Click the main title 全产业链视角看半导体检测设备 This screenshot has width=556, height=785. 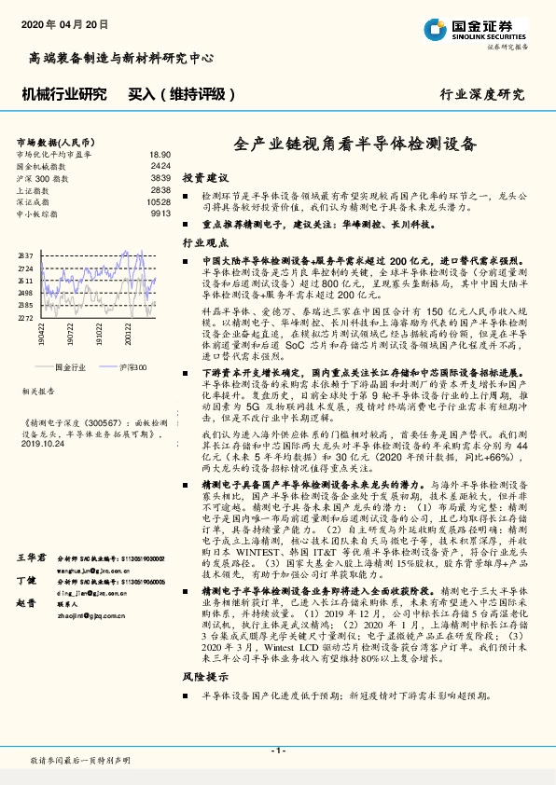click(354, 145)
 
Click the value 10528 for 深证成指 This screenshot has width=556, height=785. click(159, 201)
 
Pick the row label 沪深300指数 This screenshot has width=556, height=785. click(43, 177)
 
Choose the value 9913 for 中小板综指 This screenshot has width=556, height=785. click(160, 213)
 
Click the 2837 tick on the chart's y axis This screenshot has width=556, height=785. click(26, 255)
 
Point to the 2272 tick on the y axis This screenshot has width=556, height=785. click(26, 317)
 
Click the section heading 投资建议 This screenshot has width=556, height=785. click(204, 176)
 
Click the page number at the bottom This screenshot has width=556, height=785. click(277, 751)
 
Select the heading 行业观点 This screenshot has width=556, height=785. click(204, 241)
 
